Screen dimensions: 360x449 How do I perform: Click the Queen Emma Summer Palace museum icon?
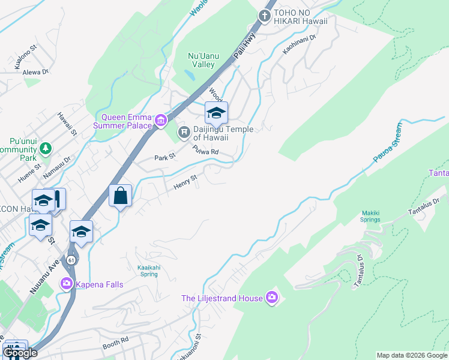point(160,121)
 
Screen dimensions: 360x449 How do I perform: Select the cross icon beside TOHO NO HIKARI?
point(265,15)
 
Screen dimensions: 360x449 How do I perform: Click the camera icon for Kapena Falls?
point(66,283)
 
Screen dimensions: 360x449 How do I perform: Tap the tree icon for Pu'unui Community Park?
point(44,148)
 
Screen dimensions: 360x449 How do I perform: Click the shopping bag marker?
point(120,196)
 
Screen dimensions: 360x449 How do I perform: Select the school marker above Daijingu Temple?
point(216,112)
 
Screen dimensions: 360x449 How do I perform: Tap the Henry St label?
point(185,182)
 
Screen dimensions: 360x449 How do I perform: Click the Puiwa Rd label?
point(205,151)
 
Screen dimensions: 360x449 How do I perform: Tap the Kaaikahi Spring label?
point(143,271)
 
